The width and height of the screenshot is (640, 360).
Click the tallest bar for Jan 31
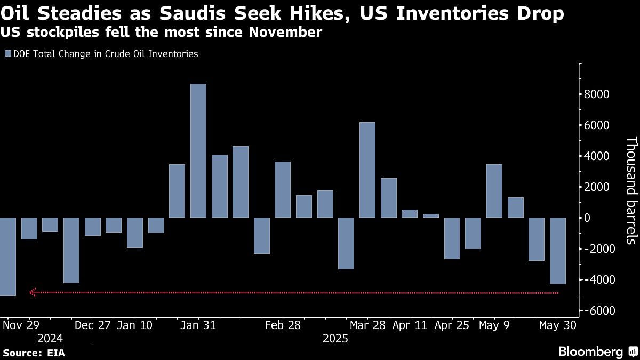point(198,150)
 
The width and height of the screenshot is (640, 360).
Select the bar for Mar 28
point(367,170)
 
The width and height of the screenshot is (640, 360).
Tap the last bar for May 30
point(558,251)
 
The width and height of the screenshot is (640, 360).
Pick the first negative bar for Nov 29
point(7,257)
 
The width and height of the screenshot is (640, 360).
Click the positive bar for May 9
point(494,191)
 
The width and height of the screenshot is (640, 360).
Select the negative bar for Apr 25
point(452,238)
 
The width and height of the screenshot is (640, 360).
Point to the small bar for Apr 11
point(410,213)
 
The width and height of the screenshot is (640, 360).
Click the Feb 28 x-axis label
point(283,325)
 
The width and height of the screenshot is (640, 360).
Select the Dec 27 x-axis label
point(93,325)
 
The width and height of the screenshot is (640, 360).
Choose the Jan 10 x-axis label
point(135,325)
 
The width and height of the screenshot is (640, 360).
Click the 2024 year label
point(50,339)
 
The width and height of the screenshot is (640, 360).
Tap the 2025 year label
point(335,339)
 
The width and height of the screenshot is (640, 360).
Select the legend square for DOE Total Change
point(7,54)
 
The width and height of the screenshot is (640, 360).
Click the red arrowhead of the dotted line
point(33,292)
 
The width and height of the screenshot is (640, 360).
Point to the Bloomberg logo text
point(590,351)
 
